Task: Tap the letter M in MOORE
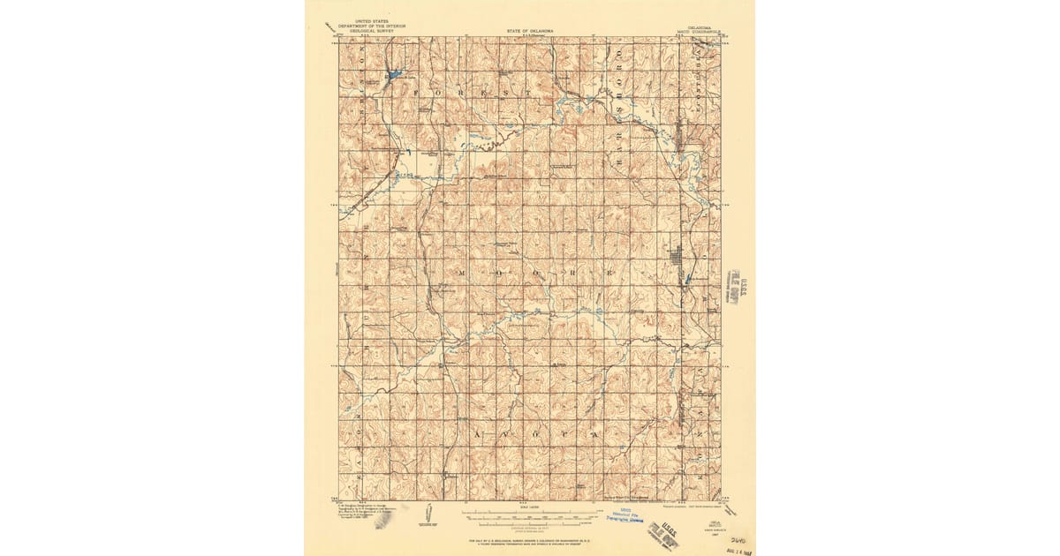tap(461, 274)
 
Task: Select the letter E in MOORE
tap(609, 274)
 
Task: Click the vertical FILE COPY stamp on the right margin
tap(732, 287)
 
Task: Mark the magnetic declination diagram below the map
tap(427, 514)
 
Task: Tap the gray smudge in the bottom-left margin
tap(382, 521)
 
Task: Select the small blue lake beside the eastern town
tap(688, 279)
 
